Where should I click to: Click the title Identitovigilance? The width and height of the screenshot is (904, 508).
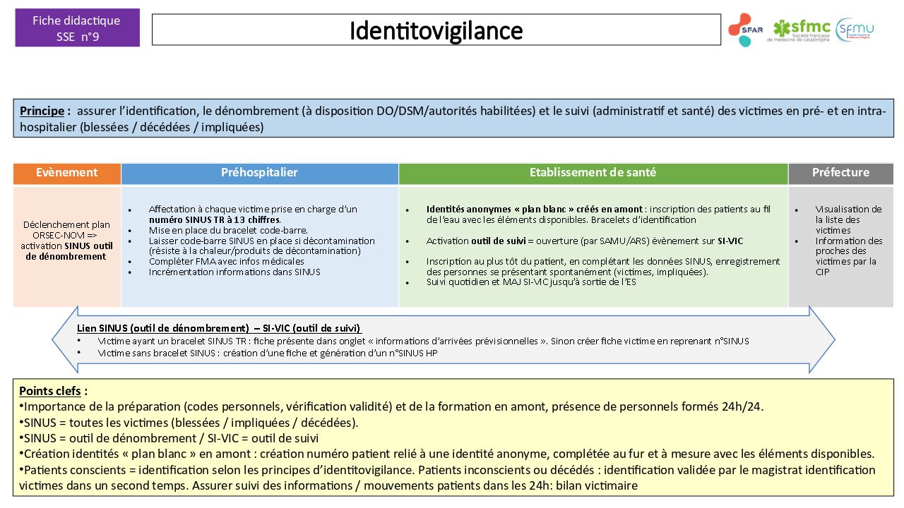coord(436,30)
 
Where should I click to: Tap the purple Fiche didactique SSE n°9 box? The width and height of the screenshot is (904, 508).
coord(77,28)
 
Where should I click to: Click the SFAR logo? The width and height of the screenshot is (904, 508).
coord(745,30)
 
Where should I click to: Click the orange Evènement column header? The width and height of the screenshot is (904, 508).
coord(67,173)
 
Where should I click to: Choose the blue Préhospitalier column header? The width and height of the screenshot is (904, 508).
coord(259,173)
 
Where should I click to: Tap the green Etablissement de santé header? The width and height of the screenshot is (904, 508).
coord(593,173)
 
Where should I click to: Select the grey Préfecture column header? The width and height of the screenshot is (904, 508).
coord(840,173)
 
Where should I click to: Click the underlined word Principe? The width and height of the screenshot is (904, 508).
coord(42,111)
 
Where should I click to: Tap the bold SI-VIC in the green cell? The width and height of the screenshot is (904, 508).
coord(730,241)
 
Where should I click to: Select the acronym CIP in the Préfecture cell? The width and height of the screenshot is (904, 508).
coord(823,272)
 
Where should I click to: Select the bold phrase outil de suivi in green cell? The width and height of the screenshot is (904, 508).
coord(498,241)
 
